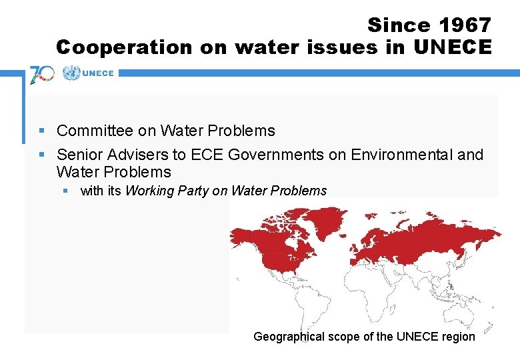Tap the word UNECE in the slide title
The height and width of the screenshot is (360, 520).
453,47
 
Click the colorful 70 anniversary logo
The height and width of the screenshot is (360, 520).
42,74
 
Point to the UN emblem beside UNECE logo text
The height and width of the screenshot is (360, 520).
71,74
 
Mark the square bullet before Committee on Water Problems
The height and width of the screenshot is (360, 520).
42,131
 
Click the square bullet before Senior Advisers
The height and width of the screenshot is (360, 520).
42,155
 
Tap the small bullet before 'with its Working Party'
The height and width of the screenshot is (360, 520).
66,191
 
